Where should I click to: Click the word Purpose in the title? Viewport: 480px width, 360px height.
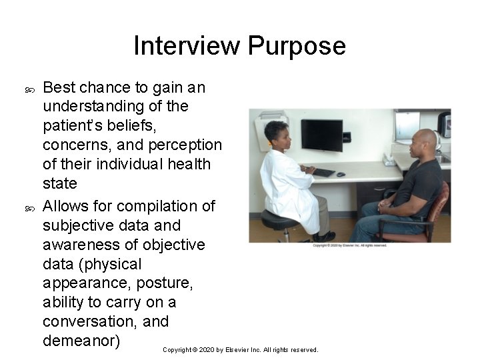click(297, 46)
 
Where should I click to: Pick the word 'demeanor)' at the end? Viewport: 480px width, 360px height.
click(81, 341)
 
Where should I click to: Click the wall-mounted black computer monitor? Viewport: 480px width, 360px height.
click(321, 135)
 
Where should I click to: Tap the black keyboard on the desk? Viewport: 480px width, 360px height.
click(324, 172)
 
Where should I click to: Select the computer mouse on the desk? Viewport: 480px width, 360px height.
click(340, 174)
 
